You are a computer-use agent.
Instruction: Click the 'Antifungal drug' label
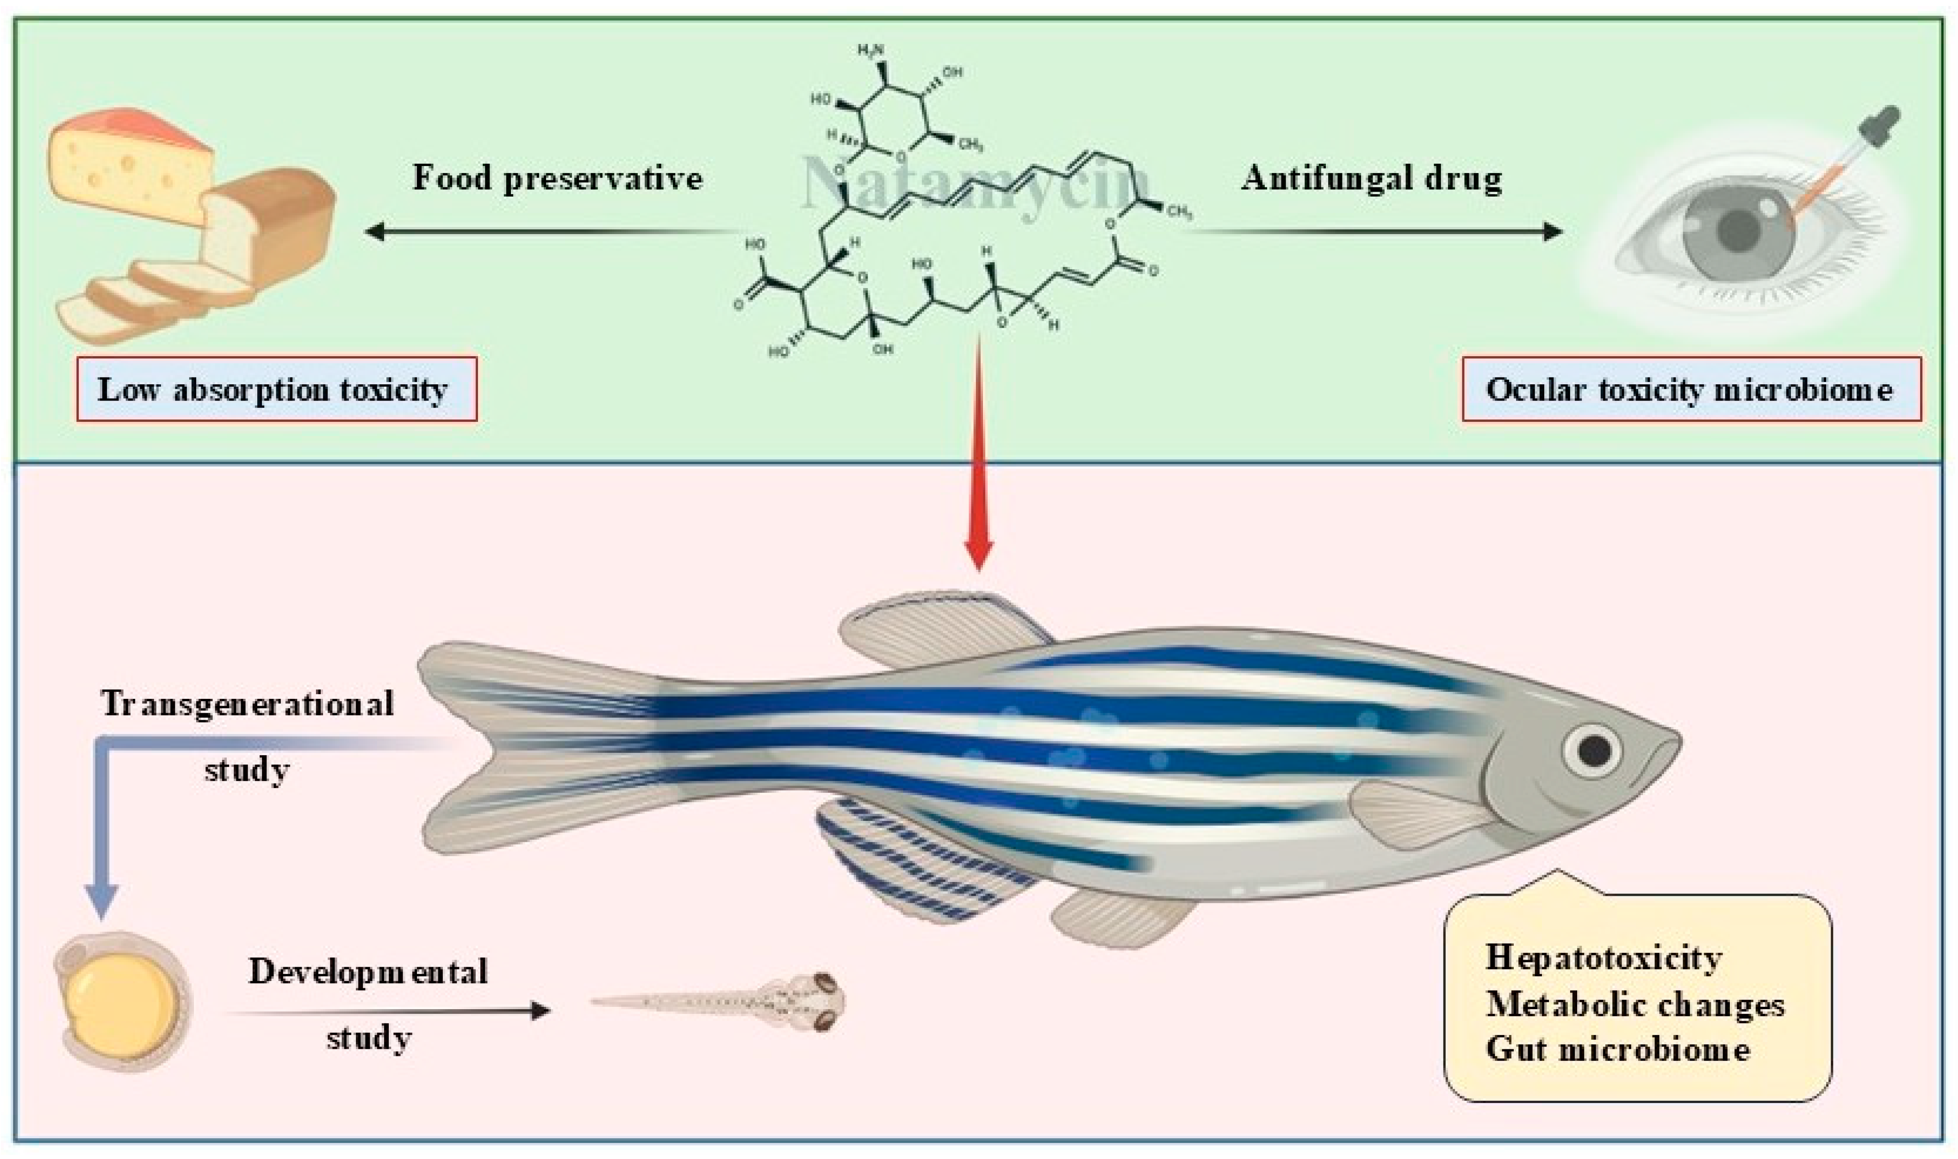[1371, 178]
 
